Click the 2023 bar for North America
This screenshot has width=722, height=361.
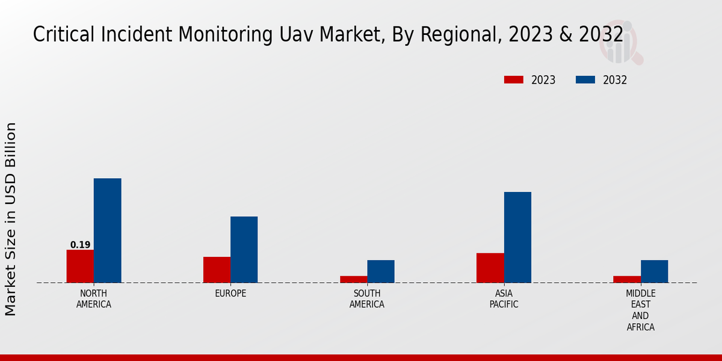pos(80,266)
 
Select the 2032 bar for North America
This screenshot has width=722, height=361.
pos(107,230)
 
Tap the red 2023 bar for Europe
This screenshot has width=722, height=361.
pos(217,270)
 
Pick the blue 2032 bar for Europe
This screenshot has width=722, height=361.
pos(244,249)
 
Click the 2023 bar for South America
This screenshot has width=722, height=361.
pos(353,279)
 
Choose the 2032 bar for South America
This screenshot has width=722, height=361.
pos(381,271)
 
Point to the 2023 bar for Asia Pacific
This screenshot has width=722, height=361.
pos(490,268)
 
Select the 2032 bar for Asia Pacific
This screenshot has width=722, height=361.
pos(517,237)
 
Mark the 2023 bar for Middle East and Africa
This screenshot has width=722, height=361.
pos(627,279)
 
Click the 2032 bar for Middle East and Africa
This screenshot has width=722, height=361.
pos(654,271)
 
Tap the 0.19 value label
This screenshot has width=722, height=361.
pos(80,245)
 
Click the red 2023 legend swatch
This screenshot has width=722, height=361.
pos(514,80)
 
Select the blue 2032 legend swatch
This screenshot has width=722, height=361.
pos(585,80)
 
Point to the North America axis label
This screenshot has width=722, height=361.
pos(94,299)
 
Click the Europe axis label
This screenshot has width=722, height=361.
pos(230,294)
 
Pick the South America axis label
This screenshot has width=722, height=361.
pos(367,299)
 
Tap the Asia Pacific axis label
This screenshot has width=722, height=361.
pos(504,299)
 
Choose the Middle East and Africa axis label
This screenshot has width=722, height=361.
pos(640,310)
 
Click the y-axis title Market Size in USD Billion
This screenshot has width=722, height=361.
pos(11,219)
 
